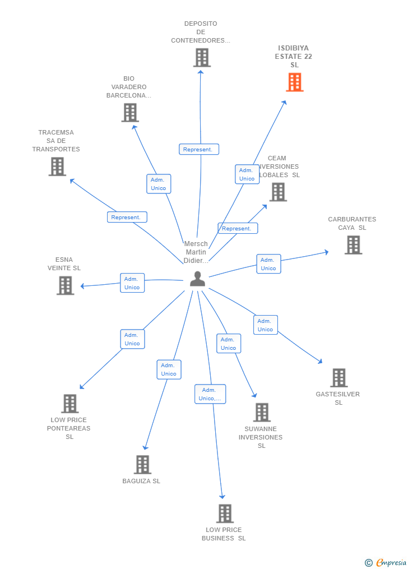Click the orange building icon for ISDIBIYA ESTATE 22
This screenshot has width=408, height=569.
point(295,82)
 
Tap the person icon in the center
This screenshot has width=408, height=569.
point(197,279)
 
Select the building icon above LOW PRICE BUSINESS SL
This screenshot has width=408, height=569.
point(225,514)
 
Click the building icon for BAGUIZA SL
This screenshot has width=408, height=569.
point(142,465)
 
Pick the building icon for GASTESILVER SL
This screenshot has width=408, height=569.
point(339,378)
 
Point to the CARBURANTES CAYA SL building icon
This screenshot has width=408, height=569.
point(353,245)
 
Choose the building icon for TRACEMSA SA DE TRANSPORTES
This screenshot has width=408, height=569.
point(57,166)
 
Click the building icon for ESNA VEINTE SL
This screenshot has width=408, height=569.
point(66,285)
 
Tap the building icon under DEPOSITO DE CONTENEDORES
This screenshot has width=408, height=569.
point(202,57)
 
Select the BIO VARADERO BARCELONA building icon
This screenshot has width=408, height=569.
point(130,113)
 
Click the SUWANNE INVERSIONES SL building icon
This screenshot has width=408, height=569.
point(262,413)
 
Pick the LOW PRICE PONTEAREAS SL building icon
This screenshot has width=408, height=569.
point(69,404)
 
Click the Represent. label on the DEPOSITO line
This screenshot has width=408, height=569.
point(198,150)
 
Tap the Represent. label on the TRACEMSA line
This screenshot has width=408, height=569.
point(127,218)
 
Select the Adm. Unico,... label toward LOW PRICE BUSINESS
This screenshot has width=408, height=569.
point(210,394)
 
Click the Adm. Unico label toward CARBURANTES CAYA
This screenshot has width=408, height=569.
point(268,264)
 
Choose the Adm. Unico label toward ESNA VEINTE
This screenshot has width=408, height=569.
point(132,283)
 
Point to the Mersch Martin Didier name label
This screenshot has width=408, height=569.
point(196,252)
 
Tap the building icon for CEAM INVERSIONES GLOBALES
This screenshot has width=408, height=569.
point(278,192)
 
